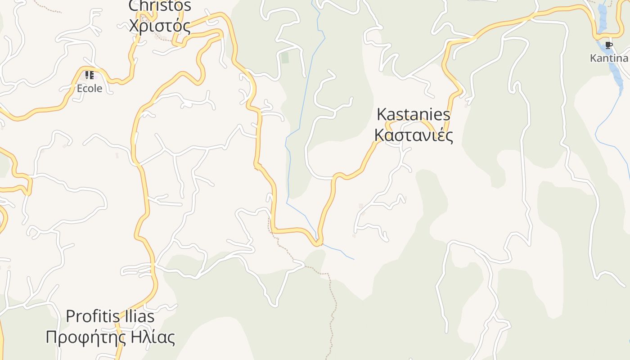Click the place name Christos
coord(160,6)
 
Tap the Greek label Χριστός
coord(160,26)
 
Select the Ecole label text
coord(90,88)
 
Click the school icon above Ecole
coord(90,75)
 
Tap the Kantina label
coord(609,58)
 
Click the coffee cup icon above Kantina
coord(609,45)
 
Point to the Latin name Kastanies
coord(413,114)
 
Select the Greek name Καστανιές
coord(413,135)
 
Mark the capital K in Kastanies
coord(382,114)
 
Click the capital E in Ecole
coord(80,88)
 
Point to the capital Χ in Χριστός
coord(134,26)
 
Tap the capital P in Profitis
coord(71,316)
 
